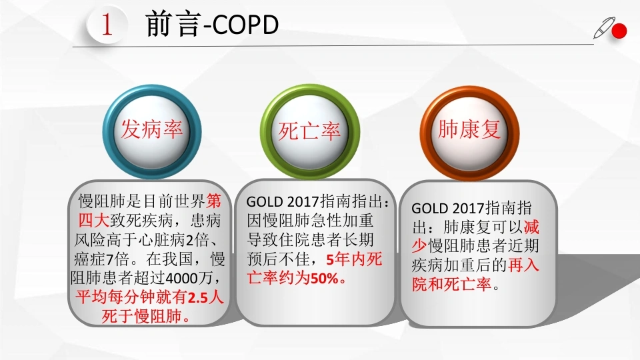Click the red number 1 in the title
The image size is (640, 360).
pyautogui.click(x=107, y=24)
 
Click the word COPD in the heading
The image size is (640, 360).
pyautogui.click(x=246, y=25)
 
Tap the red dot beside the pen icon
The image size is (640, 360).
pyautogui.click(x=619, y=31)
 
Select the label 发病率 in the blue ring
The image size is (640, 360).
pyautogui.click(x=152, y=129)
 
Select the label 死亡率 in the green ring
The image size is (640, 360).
pyautogui.click(x=309, y=131)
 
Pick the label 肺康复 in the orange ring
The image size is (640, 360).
pyautogui.click(x=469, y=129)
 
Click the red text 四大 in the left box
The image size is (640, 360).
pyautogui.click(x=93, y=221)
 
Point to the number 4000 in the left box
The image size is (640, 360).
pyautogui.click(x=183, y=279)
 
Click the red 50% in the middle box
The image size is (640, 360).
pyautogui.click(x=325, y=279)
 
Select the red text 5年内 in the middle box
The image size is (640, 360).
pyautogui.click(x=346, y=259)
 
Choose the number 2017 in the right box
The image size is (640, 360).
pyautogui.click(x=469, y=208)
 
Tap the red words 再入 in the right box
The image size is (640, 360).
pyautogui.click(x=524, y=265)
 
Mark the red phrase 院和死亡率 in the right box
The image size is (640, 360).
pyautogui.click(x=452, y=285)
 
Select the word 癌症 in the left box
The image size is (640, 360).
pyautogui.click(x=90, y=259)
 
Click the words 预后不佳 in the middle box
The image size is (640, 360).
pyautogui.click(x=278, y=259)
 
